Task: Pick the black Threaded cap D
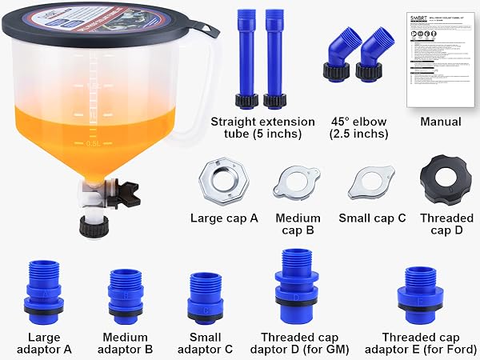click(441, 179)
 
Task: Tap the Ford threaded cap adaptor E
click(420, 292)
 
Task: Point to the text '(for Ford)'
click(446, 350)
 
